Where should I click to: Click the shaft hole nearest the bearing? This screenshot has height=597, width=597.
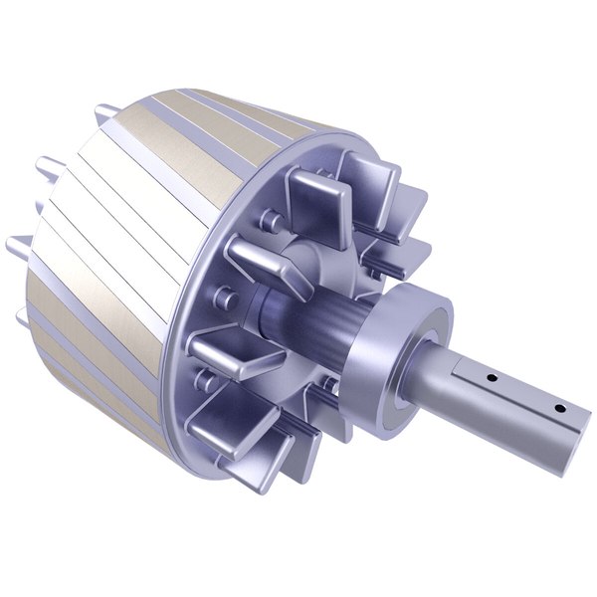(x=491, y=378)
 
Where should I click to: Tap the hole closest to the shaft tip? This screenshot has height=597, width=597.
(x=559, y=408)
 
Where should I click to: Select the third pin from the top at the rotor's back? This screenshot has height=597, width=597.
(x=16, y=245)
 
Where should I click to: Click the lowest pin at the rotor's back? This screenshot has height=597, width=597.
(x=22, y=318)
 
